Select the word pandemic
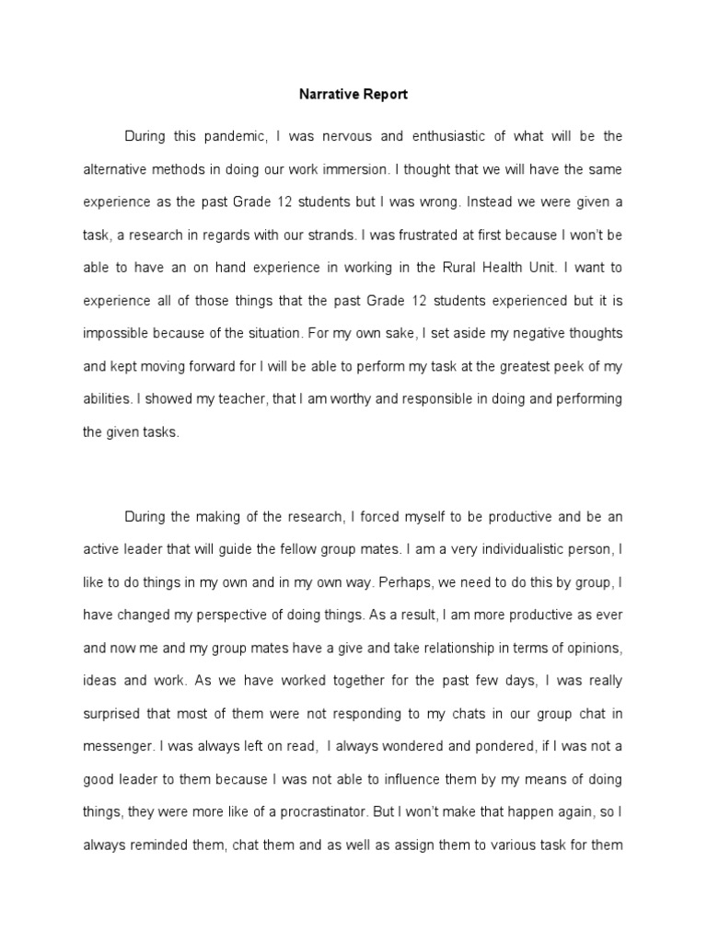(x=230, y=136)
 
